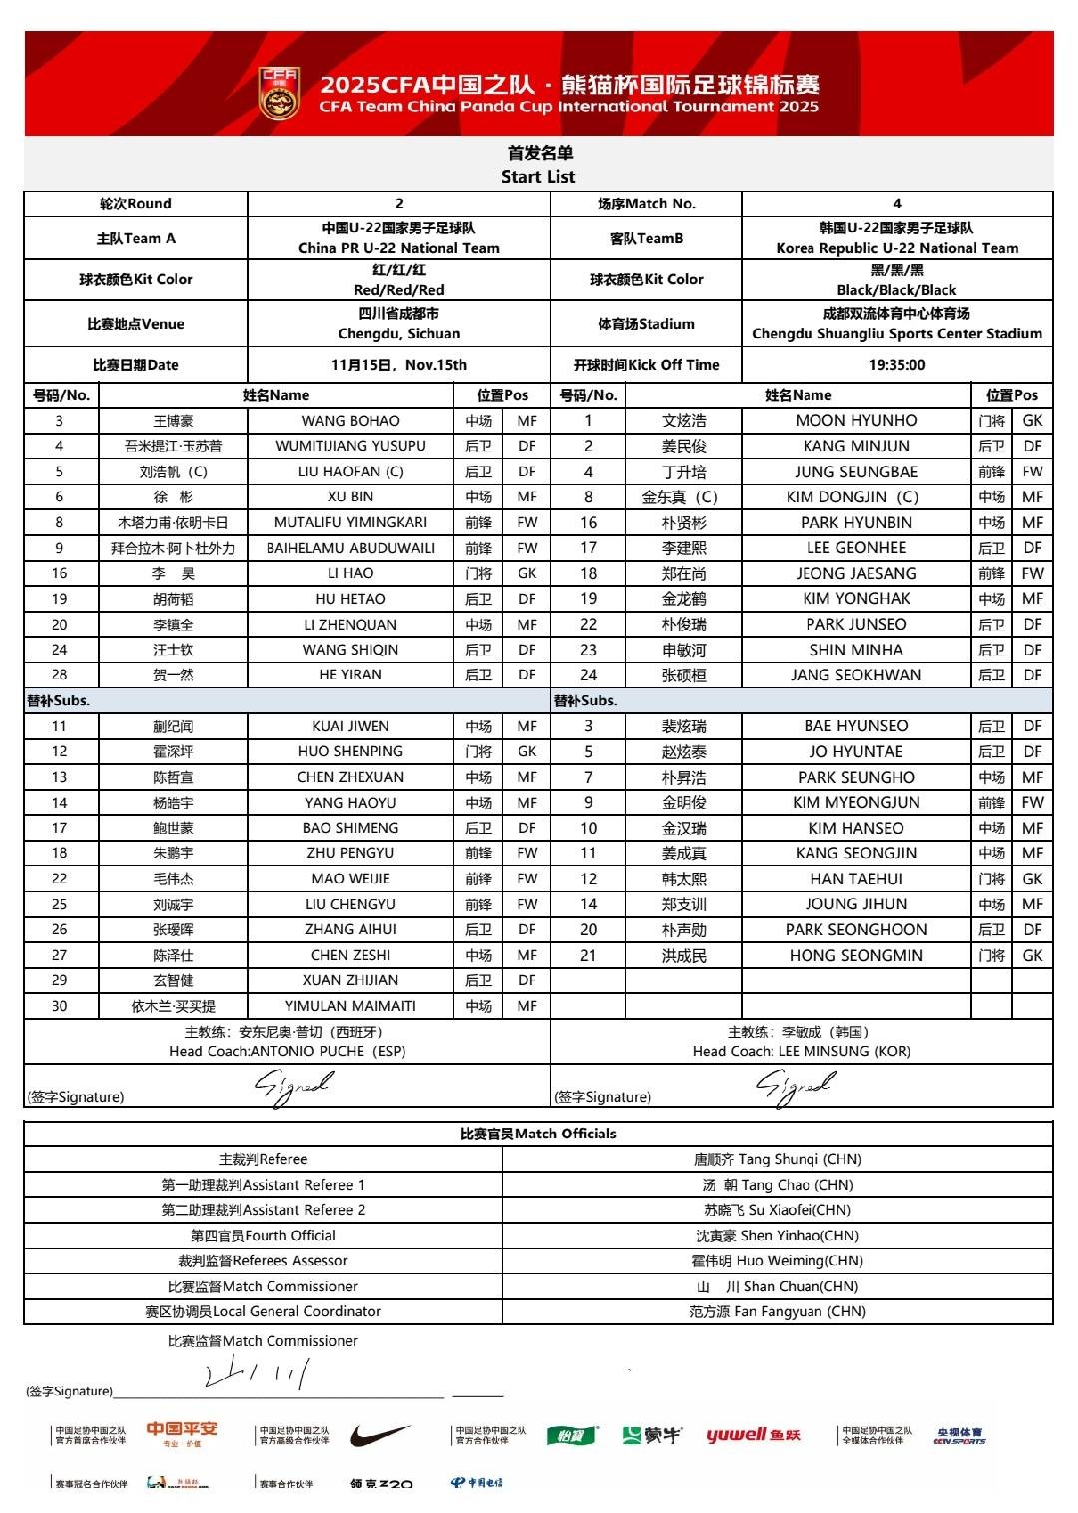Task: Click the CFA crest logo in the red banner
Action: tap(279, 91)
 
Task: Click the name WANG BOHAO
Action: tap(350, 421)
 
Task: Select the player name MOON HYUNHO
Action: tap(855, 421)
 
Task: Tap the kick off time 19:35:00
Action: tap(896, 365)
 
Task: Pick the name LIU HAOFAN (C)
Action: tap(350, 472)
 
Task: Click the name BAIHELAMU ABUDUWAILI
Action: tap(350, 548)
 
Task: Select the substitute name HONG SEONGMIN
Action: tap(855, 956)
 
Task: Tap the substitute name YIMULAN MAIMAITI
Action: tap(350, 1006)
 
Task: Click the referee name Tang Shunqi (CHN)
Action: tap(778, 1160)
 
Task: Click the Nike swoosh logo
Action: tap(380, 1435)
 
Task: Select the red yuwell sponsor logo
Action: tap(753, 1435)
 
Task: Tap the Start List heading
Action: tap(538, 177)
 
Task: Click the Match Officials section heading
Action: tap(538, 1134)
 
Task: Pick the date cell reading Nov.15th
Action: tap(399, 365)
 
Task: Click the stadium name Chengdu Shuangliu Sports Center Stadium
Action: tap(896, 334)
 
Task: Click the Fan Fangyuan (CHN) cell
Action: tap(778, 1312)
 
